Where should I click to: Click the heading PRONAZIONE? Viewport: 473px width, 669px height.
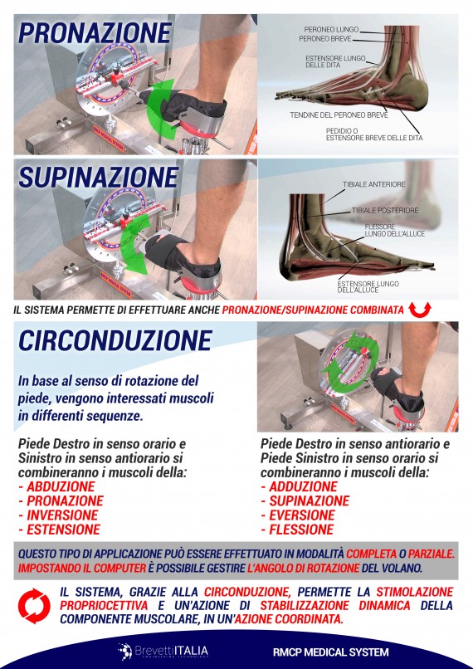click(95, 33)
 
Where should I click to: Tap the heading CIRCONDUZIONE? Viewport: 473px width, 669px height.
click(115, 340)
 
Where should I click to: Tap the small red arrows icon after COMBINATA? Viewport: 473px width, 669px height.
click(422, 310)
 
